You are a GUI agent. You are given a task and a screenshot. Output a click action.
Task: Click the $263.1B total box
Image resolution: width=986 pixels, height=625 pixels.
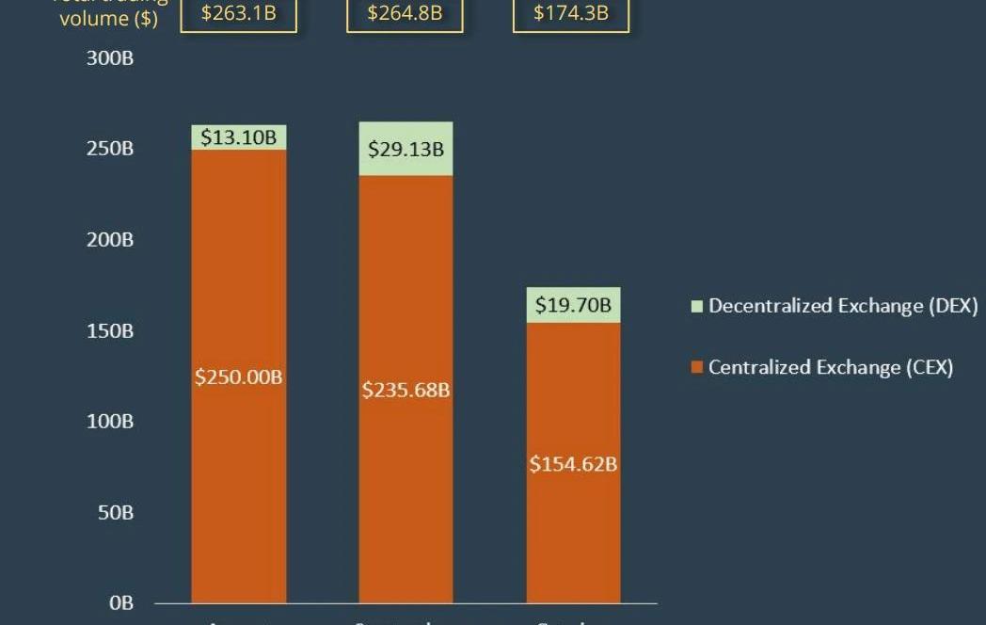[238, 14]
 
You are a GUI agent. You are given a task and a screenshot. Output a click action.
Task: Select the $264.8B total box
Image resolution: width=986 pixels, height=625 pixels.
[405, 14]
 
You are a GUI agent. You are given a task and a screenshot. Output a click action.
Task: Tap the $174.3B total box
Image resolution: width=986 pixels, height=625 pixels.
[570, 14]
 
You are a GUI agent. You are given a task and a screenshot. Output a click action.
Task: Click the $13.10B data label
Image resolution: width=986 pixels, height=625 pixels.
[238, 137]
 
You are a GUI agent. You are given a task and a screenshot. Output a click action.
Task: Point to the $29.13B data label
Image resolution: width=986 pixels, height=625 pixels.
[406, 149]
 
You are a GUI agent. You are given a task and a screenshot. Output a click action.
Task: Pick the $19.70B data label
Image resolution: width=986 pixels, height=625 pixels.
[572, 305]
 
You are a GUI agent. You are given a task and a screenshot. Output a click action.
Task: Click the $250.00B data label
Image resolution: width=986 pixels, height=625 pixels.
[238, 377]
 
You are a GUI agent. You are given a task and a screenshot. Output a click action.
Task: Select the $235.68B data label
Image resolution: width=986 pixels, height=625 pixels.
[406, 389]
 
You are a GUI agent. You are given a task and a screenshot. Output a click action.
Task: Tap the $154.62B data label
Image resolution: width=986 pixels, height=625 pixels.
[572, 464]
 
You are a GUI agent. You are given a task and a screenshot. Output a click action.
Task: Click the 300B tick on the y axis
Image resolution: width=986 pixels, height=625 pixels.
[111, 59]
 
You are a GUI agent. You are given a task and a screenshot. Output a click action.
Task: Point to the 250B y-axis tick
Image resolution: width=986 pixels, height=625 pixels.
[111, 149]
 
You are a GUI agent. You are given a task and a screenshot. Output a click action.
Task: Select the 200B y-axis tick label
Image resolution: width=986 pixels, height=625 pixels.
[111, 240]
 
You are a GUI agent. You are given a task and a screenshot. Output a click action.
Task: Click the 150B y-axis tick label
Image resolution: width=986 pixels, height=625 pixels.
[111, 331]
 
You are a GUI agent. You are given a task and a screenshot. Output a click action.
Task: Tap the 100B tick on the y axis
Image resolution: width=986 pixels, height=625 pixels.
[111, 421]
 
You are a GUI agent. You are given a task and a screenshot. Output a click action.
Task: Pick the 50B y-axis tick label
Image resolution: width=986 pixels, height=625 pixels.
[115, 512]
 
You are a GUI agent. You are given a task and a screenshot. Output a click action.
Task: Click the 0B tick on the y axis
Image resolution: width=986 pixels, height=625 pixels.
[120, 603]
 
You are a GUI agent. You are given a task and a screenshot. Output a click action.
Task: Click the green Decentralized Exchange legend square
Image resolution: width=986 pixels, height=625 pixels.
[697, 307]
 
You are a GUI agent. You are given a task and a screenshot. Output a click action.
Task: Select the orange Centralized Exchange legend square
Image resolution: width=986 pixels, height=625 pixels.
[697, 368]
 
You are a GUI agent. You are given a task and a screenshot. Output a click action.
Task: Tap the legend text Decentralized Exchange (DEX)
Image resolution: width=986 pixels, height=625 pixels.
[843, 306]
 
